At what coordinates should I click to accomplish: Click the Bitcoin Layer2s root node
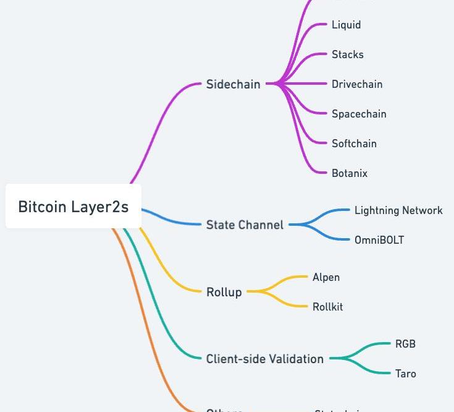click(x=73, y=207)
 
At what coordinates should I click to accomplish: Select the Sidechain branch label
click(x=233, y=84)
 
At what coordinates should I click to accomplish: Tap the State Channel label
click(x=245, y=225)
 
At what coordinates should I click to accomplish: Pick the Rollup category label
click(x=224, y=292)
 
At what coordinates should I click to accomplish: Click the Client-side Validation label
click(x=264, y=359)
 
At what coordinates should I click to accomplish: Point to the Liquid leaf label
click(x=346, y=25)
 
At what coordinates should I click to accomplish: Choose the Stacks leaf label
click(x=347, y=54)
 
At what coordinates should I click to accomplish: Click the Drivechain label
click(x=356, y=84)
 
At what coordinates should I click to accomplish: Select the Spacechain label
click(x=358, y=114)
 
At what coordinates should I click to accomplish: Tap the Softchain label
click(x=353, y=144)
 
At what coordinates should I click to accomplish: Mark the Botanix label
click(x=349, y=173)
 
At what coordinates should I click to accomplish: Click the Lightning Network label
click(x=398, y=210)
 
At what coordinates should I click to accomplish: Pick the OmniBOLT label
click(x=379, y=240)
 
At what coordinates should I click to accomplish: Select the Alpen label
click(x=326, y=277)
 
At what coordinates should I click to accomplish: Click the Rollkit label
click(x=327, y=307)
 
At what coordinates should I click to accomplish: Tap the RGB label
click(x=405, y=344)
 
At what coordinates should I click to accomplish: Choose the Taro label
click(x=405, y=374)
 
